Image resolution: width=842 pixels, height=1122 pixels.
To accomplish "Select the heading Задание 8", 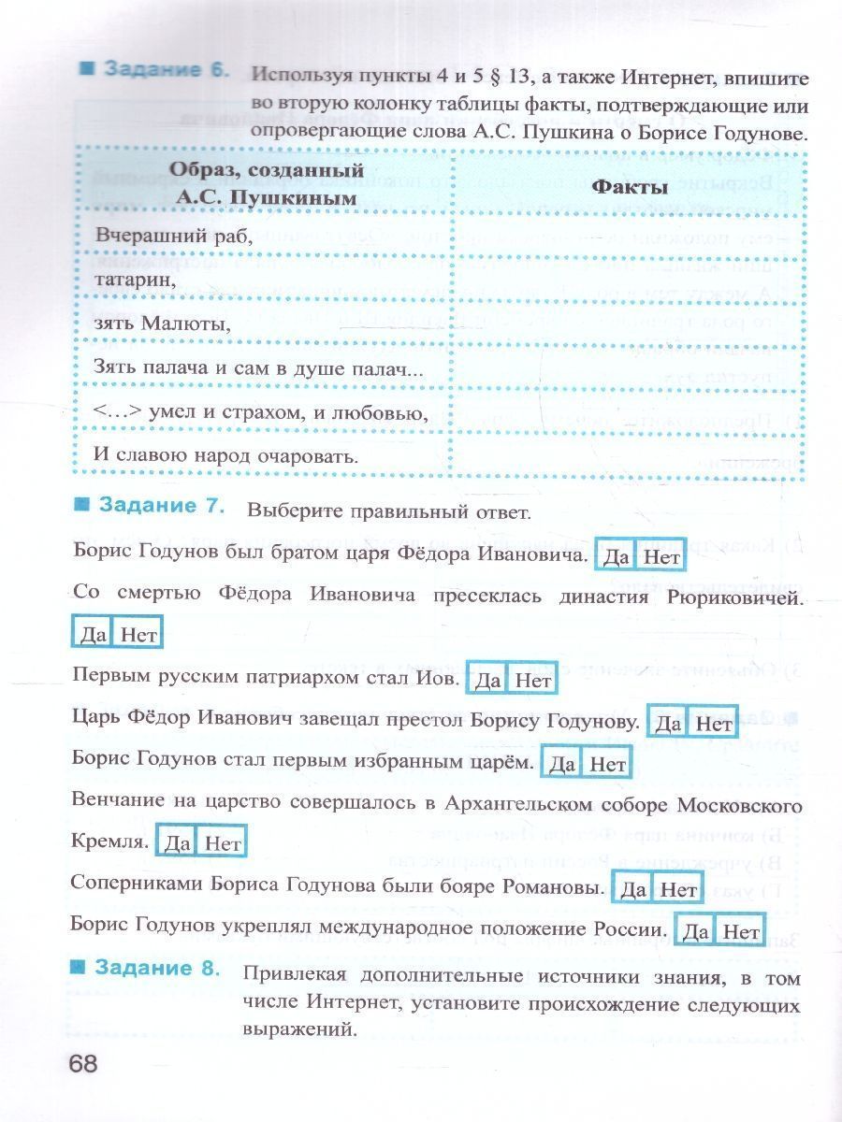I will [157, 968].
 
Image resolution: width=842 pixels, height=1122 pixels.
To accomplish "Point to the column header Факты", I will [629, 185].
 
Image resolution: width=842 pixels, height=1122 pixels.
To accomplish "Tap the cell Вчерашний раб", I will [173, 237].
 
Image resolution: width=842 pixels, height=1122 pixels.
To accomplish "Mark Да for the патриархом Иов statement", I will [487, 681].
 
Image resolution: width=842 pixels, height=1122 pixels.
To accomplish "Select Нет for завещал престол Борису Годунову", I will [714, 724].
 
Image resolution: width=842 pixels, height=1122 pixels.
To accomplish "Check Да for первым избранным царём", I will [562, 765].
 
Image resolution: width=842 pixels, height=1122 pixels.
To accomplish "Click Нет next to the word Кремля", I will [223, 843].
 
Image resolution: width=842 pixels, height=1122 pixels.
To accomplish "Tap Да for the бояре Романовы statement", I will [633, 889].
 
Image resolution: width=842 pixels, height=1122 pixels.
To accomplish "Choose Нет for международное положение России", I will [741, 932].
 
